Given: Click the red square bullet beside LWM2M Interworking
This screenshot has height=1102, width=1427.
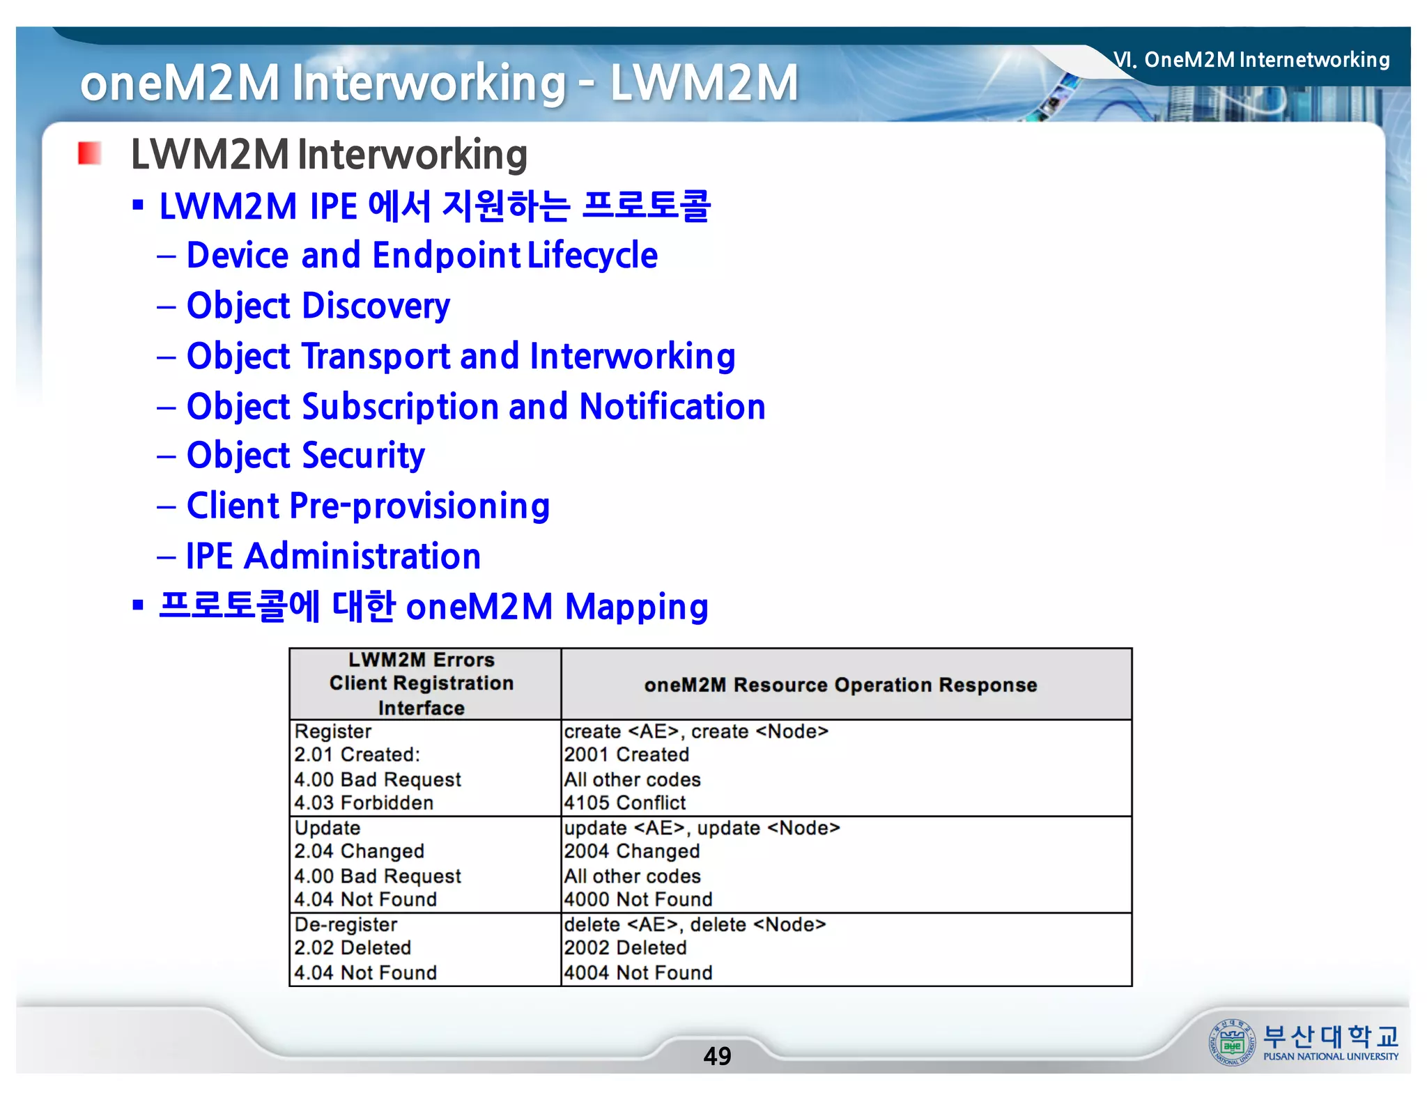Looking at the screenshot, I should [89, 153].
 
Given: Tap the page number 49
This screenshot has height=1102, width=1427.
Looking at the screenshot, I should [717, 1056].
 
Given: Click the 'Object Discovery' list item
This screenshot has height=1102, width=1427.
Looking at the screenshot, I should [318, 306].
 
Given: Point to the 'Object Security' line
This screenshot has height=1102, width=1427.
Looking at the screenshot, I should [305, 456].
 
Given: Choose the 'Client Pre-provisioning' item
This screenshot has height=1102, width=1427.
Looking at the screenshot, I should [368, 506].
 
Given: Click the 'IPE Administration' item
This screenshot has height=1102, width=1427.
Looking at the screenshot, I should [333, 557].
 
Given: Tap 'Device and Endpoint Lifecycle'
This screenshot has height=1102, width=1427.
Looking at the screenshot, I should [422, 255].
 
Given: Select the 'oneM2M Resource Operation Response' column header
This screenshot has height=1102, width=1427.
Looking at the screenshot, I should [840, 685].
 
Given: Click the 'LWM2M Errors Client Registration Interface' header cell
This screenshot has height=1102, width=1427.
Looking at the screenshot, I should [422, 684].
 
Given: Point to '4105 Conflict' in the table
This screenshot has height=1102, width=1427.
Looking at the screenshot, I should [625, 802].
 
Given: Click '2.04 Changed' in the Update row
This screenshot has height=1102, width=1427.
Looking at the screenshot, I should [359, 851].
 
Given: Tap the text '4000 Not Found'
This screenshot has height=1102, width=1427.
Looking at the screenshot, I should [638, 899].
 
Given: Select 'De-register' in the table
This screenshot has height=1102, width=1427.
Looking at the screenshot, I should [346, 924].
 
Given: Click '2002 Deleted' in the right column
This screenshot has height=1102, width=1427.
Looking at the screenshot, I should [625, 947].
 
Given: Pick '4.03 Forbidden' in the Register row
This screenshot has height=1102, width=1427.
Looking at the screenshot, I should [364, 802].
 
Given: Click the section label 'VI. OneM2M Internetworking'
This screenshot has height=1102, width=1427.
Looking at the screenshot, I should [1251, 60].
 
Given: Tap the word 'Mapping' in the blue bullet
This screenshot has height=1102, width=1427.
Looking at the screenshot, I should [637, 607].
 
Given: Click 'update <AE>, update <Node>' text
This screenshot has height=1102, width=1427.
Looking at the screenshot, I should [702, 828].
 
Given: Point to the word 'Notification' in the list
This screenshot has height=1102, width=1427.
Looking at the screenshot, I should [672, 407].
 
